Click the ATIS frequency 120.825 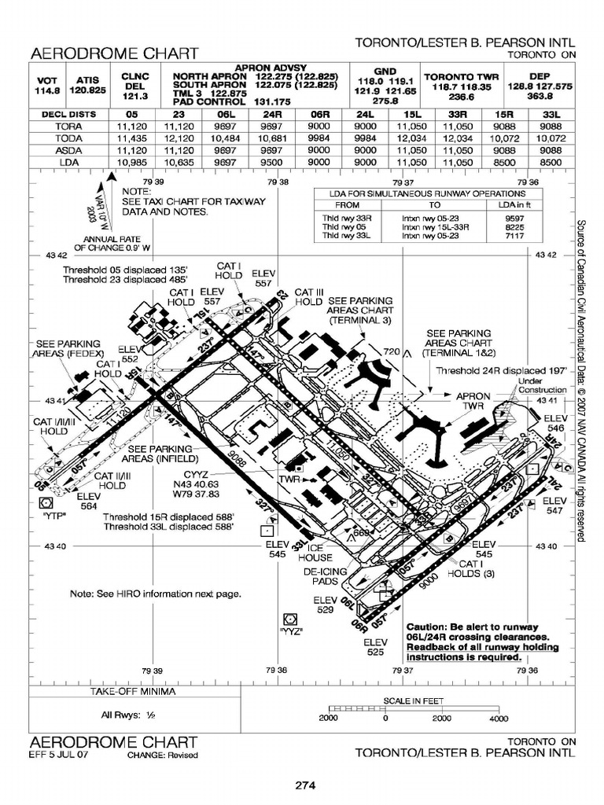pyautogui.click(x=87, y=90)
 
